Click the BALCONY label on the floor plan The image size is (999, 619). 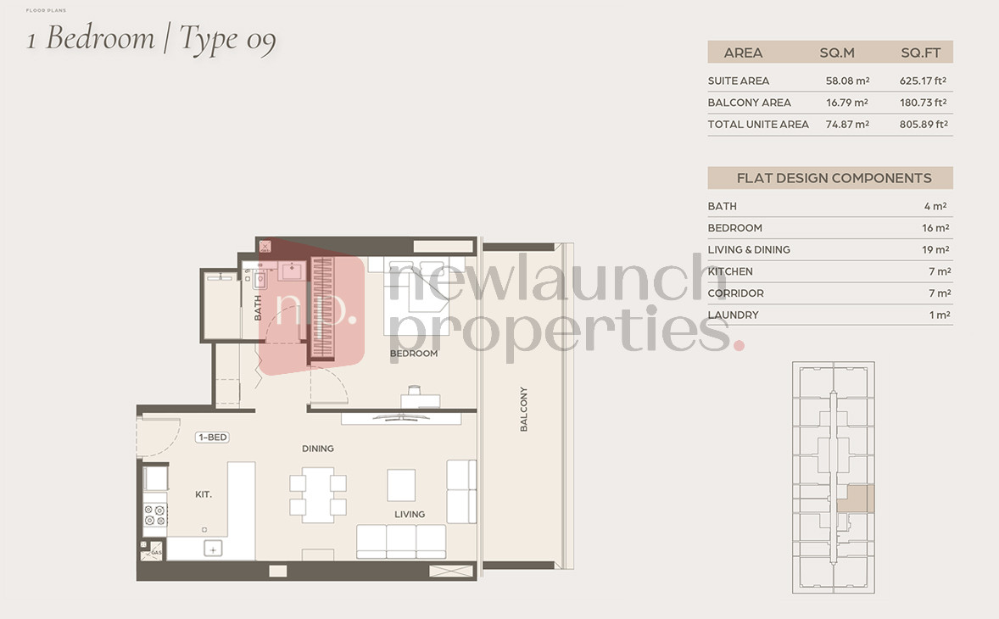524,409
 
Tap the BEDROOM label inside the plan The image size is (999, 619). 414,354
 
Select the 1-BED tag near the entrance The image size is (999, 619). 212,438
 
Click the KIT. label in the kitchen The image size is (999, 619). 204,494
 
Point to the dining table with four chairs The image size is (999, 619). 318,495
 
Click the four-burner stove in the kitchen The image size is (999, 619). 155,516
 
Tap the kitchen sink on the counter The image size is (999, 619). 213,549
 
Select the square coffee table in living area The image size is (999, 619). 401,485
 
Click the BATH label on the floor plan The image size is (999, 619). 258,308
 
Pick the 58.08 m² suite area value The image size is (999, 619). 847,81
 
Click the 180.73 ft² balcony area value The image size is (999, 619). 923,103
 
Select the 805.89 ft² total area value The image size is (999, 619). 924,124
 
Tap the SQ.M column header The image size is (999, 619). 837,53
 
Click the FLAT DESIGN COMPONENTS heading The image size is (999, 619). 834,178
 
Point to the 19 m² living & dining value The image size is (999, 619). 935,249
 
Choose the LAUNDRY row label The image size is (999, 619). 734,315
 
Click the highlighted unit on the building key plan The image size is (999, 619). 855,499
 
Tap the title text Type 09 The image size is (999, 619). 227,40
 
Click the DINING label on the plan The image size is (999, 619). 318,449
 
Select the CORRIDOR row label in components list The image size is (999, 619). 736,293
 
